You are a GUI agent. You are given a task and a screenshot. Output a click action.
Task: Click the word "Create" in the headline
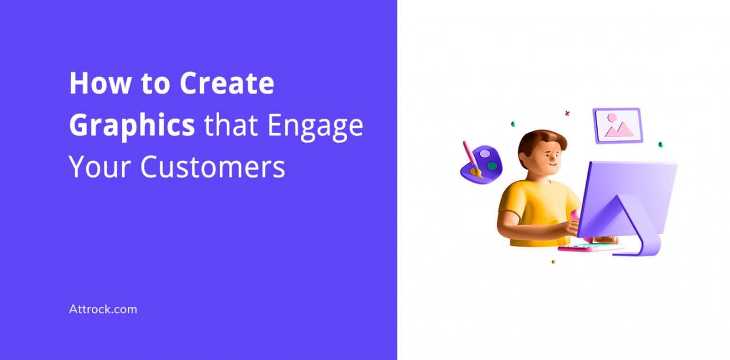click(x=227, y=83)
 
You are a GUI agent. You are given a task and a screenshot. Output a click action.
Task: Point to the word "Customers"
click(x=212, y=167)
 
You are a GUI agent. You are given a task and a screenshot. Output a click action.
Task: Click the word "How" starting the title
click(x=100, y=83)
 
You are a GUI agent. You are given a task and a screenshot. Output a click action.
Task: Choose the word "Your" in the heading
click(x=100, y=167)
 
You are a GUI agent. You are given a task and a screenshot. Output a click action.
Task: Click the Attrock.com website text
click(x=103, y=309)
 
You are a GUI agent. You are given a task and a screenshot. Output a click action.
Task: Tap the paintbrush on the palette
click(x=472, y=160)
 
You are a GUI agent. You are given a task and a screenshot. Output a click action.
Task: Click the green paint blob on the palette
click(x=492, y=167)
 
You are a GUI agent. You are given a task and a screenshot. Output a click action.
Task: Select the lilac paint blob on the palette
click(x=485, y=153)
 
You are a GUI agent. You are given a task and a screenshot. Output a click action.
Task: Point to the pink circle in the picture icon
click(x=612, y=118)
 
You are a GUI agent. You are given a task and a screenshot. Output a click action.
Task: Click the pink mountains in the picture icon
click(x=619, y=130)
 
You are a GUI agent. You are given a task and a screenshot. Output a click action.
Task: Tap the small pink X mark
click(x=567, y=114)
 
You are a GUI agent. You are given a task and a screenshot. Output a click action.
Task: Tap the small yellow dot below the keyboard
click(x=553, y=262)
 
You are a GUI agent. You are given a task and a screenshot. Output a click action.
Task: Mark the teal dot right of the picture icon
click(x=660, y=145)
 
